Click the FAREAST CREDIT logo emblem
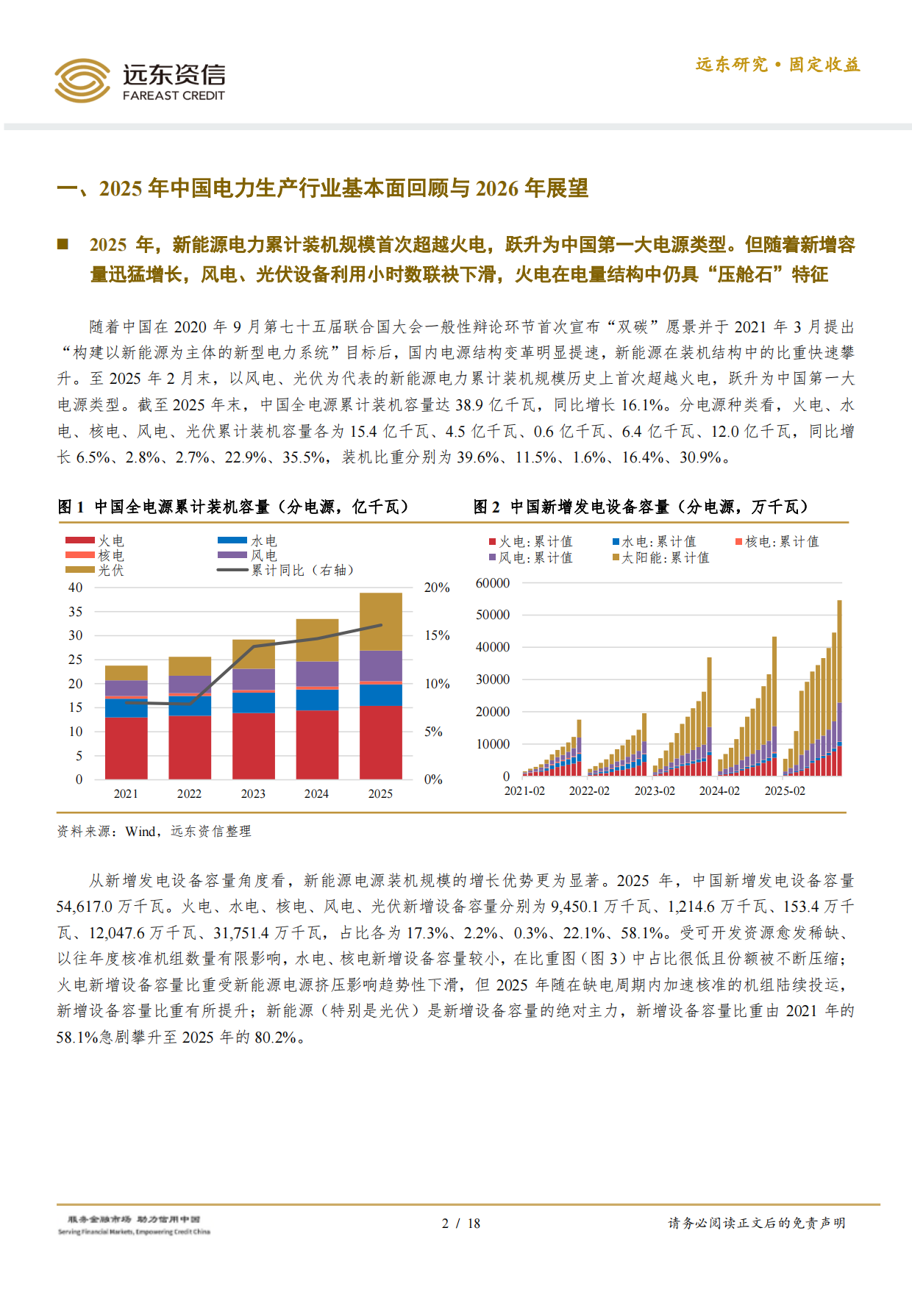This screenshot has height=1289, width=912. [x=82, y=80]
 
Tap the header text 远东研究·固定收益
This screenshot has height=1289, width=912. [x=777, y=65]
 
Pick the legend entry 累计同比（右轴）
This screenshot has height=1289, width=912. [x=302, y=570]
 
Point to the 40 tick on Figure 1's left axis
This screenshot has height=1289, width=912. [x=75, y=588]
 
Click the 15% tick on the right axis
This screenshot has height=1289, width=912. [x=437, y=635]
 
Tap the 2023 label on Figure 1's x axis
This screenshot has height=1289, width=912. [x=253, y=794]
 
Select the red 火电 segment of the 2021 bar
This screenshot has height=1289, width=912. [x=126, y=748]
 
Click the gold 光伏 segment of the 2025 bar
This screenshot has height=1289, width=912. [x=380, y=621]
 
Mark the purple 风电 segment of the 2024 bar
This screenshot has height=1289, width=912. [x=317, y=674]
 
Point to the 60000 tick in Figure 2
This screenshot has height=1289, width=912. [x=492, y=583]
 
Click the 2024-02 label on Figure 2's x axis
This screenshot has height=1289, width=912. [x=719, y=791]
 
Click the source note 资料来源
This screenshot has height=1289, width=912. [x=154, y=832]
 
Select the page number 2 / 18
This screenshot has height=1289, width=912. [x=460, y=1224]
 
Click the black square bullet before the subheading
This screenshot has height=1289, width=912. [x=63, y=244]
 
